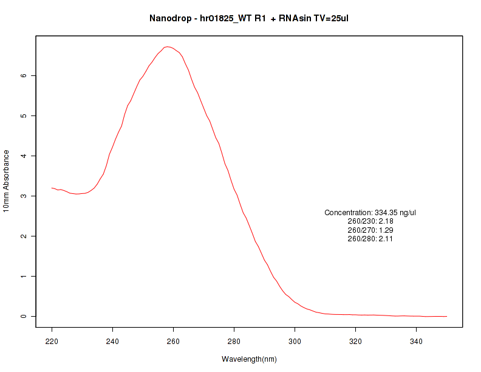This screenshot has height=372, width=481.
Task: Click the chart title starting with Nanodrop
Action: (x=248, y=18)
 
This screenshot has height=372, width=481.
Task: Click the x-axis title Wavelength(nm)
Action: (x=249, y=359)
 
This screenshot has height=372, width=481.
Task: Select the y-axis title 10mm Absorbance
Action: (x=7, y=181)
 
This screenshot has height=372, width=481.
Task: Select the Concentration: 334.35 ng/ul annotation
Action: (x=370, y=213)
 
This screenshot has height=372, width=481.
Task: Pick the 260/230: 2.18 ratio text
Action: (x=370, y=221)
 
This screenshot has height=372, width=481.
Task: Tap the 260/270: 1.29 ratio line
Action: (x=370, y=230)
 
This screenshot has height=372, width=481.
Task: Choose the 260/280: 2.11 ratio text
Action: (x=370, y=239)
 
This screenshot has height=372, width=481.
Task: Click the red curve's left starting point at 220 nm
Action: (x=52, y=188)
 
